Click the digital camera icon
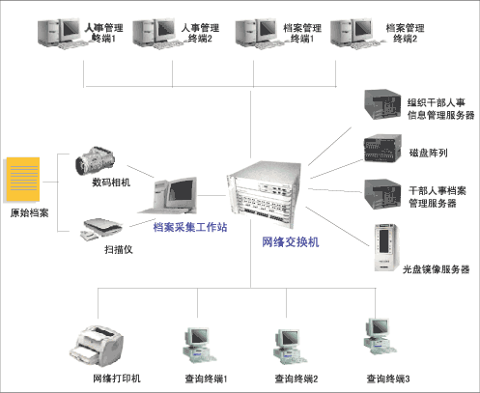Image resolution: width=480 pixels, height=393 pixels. tap(95, 160)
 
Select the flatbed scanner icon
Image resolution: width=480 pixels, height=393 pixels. tap(101, 229)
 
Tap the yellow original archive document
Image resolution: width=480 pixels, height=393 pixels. tap(22, 180)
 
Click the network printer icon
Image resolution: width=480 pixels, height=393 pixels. tap(97, 346)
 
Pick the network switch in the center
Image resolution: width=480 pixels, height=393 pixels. tap(265, 193)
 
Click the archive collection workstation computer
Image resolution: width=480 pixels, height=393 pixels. tap(168, 195)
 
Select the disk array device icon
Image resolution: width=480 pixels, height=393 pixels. tap(382, 148)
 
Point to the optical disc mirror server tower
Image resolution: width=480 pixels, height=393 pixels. tap(386, 247)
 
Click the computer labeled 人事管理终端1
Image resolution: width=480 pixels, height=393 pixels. tap(61, 34)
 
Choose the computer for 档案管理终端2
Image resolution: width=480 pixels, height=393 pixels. tap(353, 34)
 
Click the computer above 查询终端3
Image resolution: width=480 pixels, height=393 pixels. tap(380, 336)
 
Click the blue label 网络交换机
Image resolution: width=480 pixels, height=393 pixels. tap(291, 242)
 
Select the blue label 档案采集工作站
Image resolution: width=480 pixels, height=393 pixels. tap(190, 227)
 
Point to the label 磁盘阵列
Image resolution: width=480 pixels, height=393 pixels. tap(428, 153)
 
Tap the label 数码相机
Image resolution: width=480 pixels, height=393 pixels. tap(111, 182)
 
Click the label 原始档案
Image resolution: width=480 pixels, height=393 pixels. tap(29, 212)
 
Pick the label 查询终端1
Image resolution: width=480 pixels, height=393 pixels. tap(206, 379)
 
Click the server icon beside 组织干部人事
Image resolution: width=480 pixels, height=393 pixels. tap(382, 104)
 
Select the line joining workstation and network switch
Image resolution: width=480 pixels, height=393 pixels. tap(212, 195)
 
